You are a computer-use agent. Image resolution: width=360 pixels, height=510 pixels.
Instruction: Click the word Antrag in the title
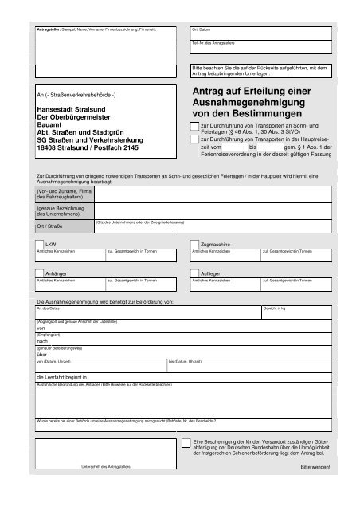[x=209, y=92]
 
